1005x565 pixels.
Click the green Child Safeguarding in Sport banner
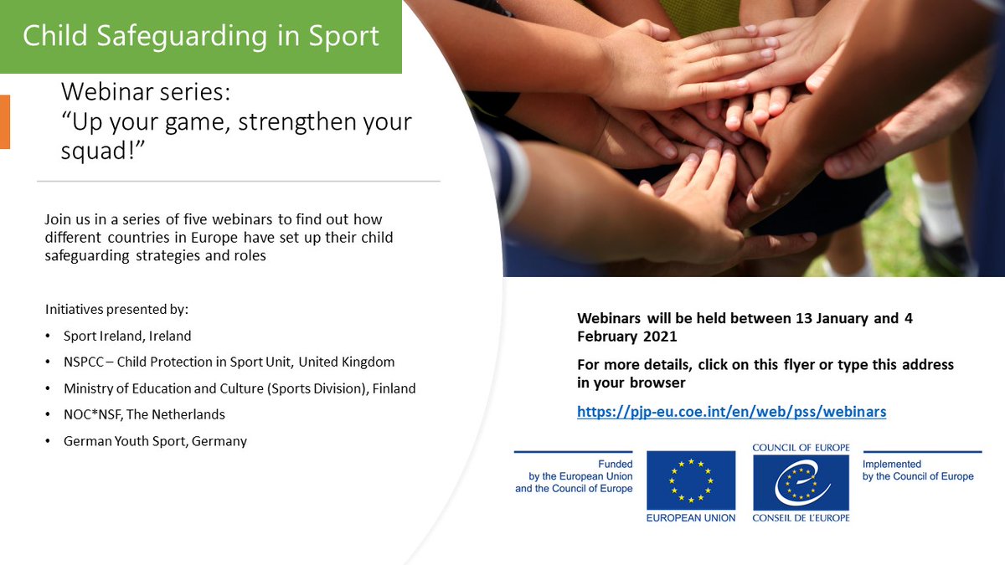pos(201,37)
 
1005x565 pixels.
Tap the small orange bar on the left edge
pos(4,122)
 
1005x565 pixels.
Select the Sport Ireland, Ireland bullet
pos(127,336)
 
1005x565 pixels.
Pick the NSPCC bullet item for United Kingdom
pos(229,362)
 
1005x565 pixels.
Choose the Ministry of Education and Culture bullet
pos(240,388)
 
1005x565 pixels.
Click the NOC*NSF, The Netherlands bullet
pos(144,414)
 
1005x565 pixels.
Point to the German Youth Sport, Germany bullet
pos(155,440)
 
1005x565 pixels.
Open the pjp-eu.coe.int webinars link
pos(731,412)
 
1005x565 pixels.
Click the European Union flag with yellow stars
pos(690,480)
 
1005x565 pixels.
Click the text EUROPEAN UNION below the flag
pos(690,518)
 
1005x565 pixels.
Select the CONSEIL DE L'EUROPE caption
pos(801,518)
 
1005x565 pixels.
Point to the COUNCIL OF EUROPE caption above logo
pos(801,448)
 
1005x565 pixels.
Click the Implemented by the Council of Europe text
pos(918,470)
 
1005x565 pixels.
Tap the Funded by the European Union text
pos(575,476)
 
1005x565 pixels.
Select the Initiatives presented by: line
pos(116,310)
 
